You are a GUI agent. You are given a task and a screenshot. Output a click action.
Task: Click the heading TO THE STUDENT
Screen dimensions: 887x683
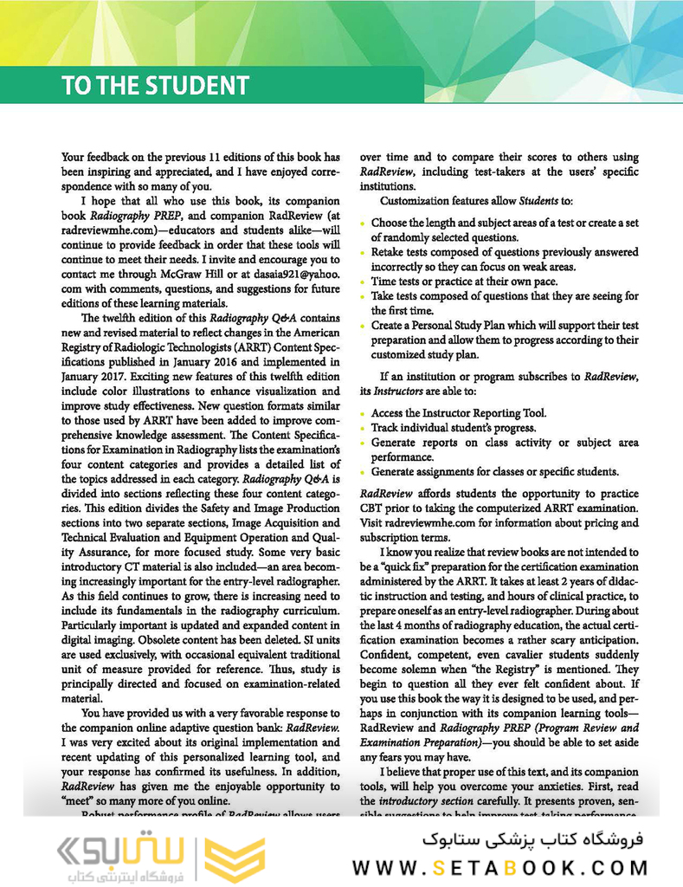click(155, 86)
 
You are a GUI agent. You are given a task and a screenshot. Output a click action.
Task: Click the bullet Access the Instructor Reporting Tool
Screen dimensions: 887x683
click(459, 413)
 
